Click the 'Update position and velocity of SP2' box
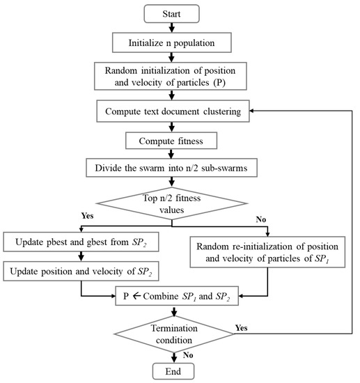click(79, 270)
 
